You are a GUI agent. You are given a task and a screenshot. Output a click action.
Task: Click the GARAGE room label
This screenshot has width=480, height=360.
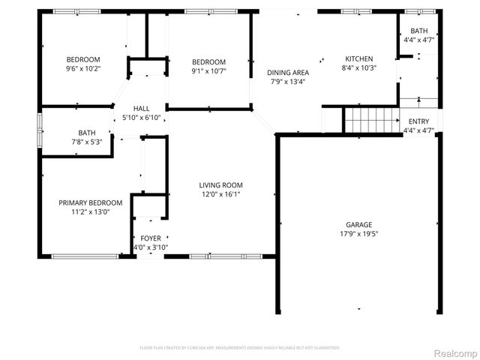[358, 224]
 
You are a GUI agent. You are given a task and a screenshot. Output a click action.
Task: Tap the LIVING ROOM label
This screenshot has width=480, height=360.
[220, 185]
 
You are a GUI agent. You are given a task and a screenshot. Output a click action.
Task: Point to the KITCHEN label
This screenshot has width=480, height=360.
[358, 59]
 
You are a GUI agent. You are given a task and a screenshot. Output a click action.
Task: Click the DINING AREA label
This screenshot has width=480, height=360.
[289, 73]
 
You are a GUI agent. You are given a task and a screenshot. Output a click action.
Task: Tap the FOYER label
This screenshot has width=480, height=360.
[151, 238]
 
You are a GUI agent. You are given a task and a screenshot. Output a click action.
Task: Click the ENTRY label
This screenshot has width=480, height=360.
[418, 122]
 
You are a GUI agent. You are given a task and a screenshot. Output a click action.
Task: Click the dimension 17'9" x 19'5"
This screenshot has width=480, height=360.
[358, 233]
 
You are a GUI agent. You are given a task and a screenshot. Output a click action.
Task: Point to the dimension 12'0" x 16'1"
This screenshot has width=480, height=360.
[220, 194]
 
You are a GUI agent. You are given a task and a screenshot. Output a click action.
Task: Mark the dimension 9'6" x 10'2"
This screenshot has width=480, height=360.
[82, 68]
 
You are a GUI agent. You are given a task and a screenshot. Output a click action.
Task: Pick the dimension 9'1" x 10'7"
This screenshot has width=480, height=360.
[208, 70]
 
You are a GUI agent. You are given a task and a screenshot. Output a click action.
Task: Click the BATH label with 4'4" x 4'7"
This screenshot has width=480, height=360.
[418, 31]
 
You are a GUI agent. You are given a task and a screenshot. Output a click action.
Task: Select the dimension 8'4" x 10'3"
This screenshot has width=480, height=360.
[358, 68]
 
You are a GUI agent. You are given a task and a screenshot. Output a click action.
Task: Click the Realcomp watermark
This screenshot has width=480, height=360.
[453, 352]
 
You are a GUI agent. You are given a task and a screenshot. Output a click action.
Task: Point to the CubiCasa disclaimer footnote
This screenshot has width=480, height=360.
[240, 348]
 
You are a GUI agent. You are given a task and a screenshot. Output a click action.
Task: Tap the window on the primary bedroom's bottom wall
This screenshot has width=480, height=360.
[84, 256]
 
